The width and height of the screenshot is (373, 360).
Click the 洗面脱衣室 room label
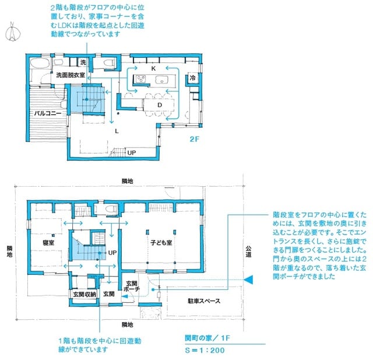pyautogui.click(x=71, y=76)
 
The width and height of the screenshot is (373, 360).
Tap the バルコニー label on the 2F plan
pyautogui.click(x=47, y=113)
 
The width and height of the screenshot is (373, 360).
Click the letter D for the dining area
pyautogui.click(x=160, y=104)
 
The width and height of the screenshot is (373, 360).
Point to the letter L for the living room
pyautogui.click(x=117, y=131)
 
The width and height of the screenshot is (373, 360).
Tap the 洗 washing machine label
pyautogui.click(x=83, y=62)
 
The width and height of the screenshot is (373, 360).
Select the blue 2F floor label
pyautogui.click(x=194, y=139)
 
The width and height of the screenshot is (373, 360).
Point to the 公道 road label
pyautogui.click(x=248, y=251)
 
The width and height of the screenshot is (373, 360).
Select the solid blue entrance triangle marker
pyautogui.click(x=248, y=281)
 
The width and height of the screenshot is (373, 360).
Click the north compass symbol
pyautogui.click(x=11, y=32)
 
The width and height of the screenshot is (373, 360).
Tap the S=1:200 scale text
pyautogui.click(x=201, y=351)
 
